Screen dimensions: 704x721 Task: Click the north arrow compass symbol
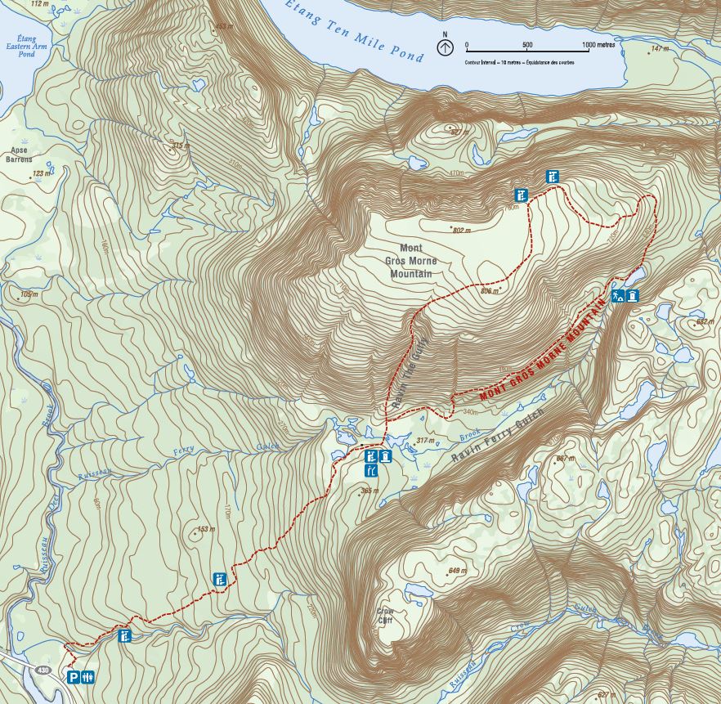click(x=444, y=47)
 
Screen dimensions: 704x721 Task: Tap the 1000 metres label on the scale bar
click(x=598, y=45)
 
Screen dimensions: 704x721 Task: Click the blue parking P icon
click(x=74, y=677)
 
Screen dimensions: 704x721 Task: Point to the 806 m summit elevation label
click(x=490, y=289)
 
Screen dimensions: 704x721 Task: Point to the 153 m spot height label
click(x=205, y=529)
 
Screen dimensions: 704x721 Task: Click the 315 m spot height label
click(x=179, y=146)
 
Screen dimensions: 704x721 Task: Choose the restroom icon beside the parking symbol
click(x=89, y=677)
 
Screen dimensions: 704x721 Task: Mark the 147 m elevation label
click(x=660, y=49)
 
